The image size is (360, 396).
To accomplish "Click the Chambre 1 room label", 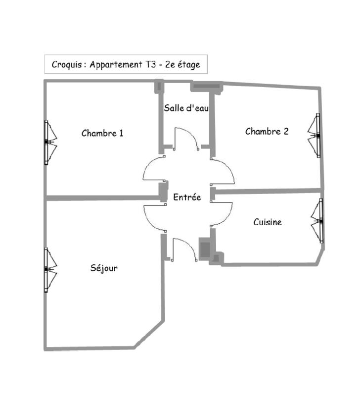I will [102, 133].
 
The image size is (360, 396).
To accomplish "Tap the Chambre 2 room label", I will [267, 131].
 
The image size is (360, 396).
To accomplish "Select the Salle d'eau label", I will [186, 108].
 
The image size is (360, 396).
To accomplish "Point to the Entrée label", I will [187, 197].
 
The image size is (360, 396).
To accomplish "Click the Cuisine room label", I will [268, 222].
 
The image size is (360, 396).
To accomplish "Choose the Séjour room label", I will [104, 268].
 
